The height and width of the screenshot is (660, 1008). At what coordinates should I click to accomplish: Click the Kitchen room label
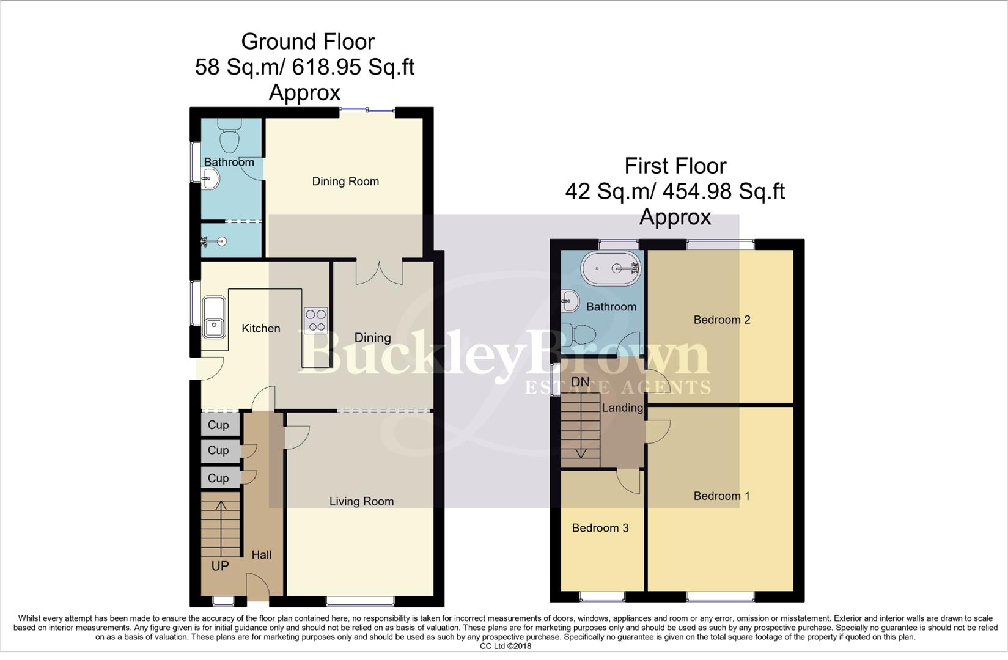coord(261,328)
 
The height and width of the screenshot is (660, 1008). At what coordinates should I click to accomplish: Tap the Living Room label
coord(361,501)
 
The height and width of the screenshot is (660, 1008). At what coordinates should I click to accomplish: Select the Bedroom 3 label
coord(600,528)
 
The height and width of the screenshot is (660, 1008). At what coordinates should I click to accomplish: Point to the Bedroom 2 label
coord(721,320)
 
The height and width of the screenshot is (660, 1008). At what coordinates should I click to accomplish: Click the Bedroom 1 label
coord(721,496)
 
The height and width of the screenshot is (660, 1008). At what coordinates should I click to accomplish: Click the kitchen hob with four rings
coord(316,320)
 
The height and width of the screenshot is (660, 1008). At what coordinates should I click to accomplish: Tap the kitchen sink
coord(214,317)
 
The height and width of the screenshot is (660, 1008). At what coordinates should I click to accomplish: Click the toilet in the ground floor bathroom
coord(230,135)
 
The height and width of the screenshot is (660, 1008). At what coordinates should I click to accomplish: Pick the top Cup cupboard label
coord(218,425)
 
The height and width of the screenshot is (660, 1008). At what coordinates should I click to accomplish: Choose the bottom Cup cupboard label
coord(218,478)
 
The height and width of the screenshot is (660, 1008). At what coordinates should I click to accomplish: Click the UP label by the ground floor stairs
coord(220,566)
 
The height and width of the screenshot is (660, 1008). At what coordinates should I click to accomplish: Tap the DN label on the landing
coord(580,382)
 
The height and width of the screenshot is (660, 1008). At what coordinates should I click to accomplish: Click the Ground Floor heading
coord(307,42)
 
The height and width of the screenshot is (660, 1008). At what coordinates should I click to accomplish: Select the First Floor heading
coord(675,166)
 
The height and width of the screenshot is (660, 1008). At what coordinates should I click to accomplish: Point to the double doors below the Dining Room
coord(379,273)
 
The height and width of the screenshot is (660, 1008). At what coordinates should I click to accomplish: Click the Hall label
coord(262,555)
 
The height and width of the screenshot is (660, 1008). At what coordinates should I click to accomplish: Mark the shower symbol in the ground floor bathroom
coord(214,241)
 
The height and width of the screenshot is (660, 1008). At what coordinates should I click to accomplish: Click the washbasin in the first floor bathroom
coord(569,300)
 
